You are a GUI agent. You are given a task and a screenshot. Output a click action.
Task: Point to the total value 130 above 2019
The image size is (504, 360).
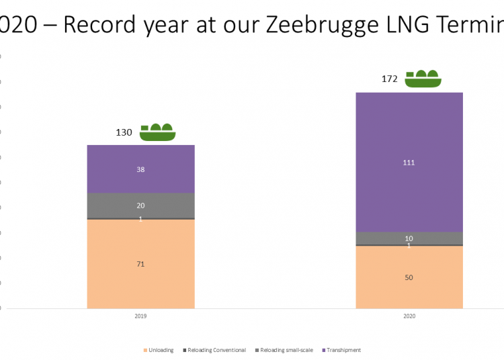(124, 132)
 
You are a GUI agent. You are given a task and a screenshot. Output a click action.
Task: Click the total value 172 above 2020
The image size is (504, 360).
(390, 79)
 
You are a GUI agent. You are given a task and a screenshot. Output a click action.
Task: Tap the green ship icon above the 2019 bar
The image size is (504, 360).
(157, 132)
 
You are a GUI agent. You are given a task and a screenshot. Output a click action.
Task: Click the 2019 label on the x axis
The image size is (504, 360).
(140, 316)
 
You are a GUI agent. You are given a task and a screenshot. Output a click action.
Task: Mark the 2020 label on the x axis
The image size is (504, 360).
(409, 316)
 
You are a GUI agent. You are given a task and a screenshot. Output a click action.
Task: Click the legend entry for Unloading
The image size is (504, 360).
(159, 350)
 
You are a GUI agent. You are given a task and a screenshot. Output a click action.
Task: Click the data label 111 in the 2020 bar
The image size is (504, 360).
(409, 163)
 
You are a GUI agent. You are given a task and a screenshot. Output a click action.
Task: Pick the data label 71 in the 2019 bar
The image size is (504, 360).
(140, 264)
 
